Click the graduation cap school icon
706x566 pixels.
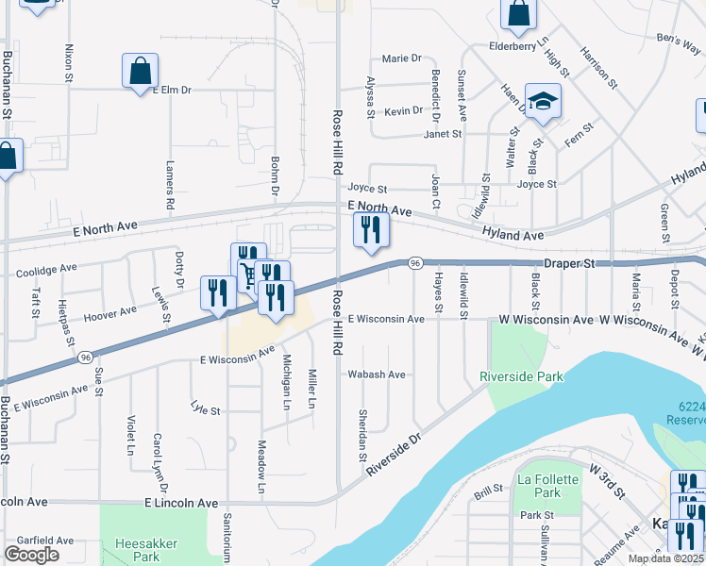click(x=543, y=102)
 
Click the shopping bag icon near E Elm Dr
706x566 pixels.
click(x=140, y=71)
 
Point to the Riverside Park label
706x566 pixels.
click(x=521, y=376)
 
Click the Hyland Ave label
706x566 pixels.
click(x=513, y=234)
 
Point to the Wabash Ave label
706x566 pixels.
click(x=377, y=375)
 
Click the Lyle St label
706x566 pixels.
click(x=205, y=410)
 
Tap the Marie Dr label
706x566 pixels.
click(x=402, y=58)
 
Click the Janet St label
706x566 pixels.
click(x=442, y=134)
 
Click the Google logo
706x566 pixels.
click(x=30, y=555)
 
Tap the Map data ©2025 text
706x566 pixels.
click(x=665, y=558)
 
